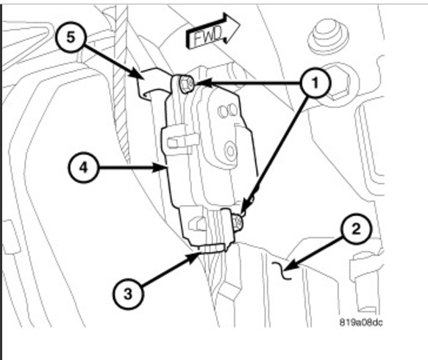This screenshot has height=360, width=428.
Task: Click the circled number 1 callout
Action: [315, 82]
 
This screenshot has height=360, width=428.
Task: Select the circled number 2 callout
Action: [356, 228]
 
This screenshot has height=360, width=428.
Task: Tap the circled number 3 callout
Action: [128, 294]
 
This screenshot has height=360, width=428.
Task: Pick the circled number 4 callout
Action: [83, 168]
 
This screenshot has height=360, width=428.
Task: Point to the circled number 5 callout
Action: [71, 37]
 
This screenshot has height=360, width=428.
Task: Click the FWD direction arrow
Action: [213, 32]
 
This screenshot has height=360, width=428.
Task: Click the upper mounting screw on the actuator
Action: [187, 84]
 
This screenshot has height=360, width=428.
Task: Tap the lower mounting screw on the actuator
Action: [238, 222]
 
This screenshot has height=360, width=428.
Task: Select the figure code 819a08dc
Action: [361, 323]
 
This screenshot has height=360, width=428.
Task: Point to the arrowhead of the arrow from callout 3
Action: [193, 257]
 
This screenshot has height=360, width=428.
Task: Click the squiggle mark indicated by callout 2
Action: [282, 270]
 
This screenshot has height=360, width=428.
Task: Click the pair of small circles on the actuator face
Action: [227, 111]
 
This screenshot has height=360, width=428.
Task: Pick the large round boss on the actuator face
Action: [231, 151]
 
